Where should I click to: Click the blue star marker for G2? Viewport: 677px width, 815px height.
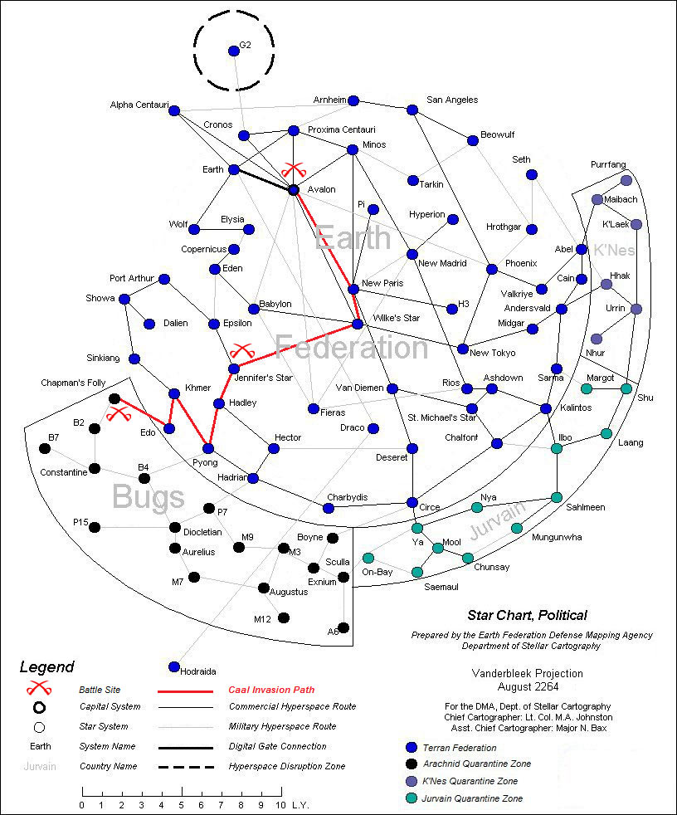(234, 51)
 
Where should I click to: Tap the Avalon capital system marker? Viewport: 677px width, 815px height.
(293, 190)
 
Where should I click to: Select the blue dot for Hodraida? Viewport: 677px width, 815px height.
(174, 666)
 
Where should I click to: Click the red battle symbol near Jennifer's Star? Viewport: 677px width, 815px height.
(242, 350)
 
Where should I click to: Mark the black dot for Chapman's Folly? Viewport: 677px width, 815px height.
(114, 398)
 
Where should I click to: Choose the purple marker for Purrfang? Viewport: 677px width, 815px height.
(626, 180)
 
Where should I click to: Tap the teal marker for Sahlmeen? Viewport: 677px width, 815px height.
(557, 497)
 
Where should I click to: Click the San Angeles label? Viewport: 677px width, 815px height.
(452, 100)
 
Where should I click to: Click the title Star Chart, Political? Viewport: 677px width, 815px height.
(528, 616)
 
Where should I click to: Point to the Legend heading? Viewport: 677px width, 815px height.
(47, 667)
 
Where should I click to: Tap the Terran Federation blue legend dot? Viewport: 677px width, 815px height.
(399, 747)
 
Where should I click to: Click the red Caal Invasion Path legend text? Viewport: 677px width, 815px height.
(270, 690)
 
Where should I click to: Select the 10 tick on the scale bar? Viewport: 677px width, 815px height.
(280, 793)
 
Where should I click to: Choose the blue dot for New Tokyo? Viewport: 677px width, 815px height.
(464, 349)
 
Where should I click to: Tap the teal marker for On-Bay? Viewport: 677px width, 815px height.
(368, 558)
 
